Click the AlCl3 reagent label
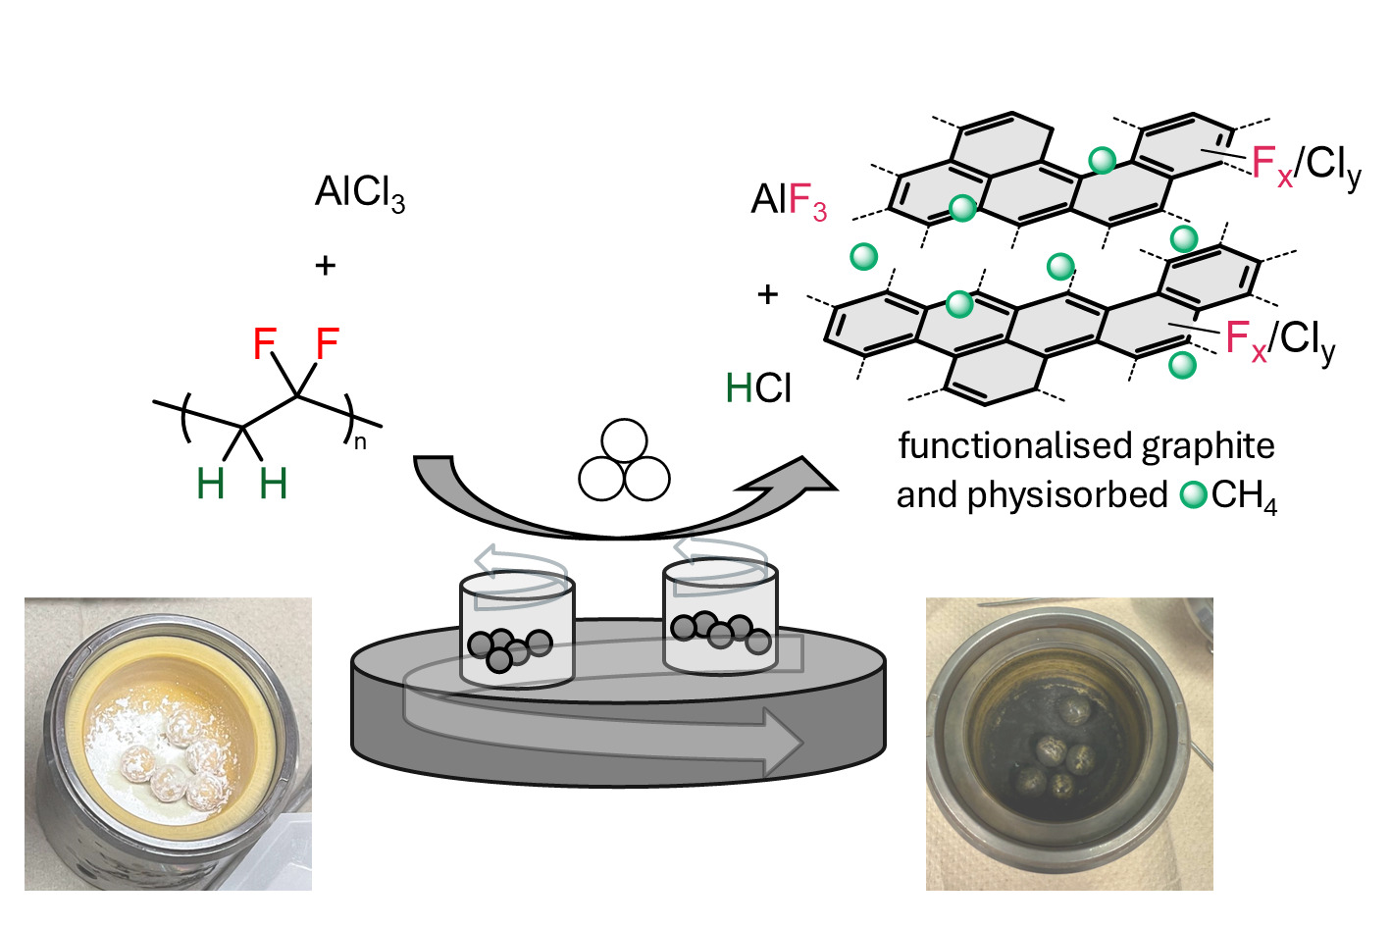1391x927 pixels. [359, 193]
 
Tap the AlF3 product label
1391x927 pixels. [789, 201]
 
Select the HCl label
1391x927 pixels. [758, 388]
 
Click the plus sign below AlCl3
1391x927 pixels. [325, 265]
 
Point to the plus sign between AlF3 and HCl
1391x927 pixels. [767, 293]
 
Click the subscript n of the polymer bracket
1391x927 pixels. [360, 441]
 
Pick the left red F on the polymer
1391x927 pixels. [265, 344]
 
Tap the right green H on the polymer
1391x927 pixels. [273, 484]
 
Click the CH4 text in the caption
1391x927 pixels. [1243, 495]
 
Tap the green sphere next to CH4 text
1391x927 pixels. [1194, 495]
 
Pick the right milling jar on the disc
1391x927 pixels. [720, 618]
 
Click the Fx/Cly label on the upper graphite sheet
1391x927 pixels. [1306, 165]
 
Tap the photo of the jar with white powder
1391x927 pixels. [168, 744]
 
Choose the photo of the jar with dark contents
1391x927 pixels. [1069, 744]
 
